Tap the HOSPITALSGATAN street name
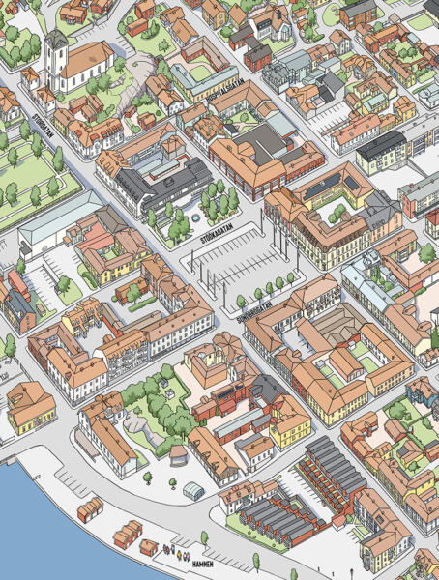coord(224,95)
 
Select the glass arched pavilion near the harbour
coord(193,491)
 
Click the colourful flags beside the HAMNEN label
coord(176,552)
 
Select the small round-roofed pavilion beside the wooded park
coord(179,454)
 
